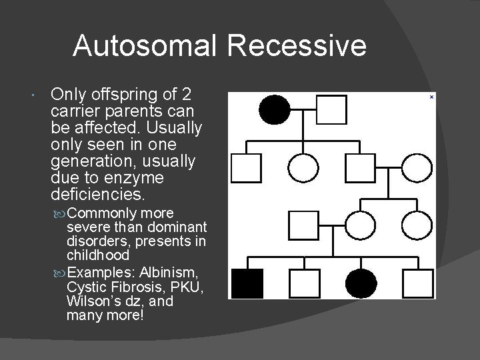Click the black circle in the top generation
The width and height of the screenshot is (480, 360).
(x=275, y=109)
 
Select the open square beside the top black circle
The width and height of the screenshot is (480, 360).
(x=331, y=109)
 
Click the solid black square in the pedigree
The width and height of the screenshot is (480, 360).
(x=247, y=283)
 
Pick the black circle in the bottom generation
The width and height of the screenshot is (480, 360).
(x=361, y=283)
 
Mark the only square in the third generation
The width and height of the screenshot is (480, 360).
(x=304, y=225)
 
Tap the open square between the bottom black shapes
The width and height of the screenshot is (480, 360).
(x=304, y=283)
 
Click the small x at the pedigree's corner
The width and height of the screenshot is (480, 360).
(x=431, y=97)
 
